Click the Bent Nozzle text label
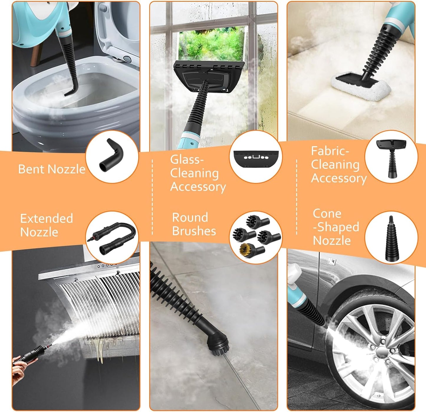click(52, 169)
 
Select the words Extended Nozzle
click(46, 225)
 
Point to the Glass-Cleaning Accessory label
click(198, 173)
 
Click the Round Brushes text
click(194, 224)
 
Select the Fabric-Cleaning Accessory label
click(338, 165)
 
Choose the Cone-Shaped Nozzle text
click(335, 227)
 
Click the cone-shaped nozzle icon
click(391, 239)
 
